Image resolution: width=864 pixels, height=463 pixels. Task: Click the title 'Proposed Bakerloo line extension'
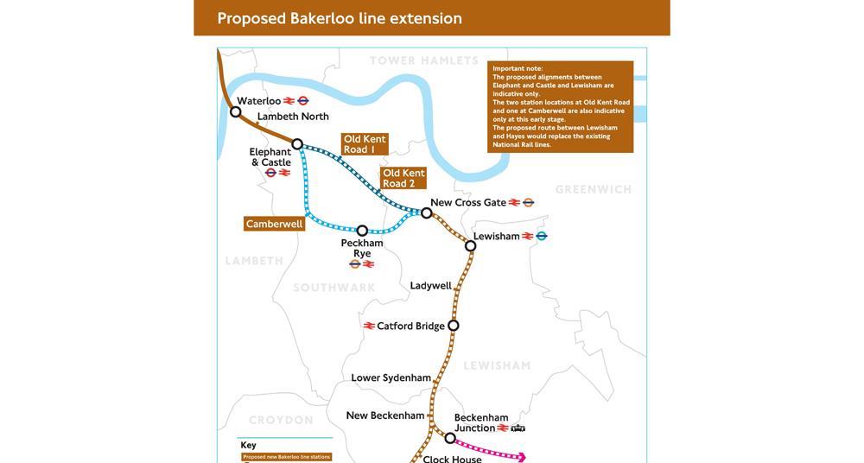pos(339,18)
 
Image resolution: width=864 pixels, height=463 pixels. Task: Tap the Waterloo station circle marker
pos(235,111)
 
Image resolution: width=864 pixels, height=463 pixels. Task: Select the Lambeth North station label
pos(293,117)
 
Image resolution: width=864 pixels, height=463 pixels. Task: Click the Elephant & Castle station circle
pos(297,144)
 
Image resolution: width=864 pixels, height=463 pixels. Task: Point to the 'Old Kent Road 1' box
pos(365,144)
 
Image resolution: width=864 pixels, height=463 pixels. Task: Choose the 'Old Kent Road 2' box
pos(403,179)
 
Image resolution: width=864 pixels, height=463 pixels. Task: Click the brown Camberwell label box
pos(275,224)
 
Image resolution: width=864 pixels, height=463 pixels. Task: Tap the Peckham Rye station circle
pos(362,231)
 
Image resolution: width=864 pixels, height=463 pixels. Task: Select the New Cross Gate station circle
pos(427,212)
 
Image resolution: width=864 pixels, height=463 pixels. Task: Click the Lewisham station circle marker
pos(470,246)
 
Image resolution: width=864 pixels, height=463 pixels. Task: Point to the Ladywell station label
pos(430,286)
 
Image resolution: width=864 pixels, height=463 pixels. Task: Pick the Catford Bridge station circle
pos(453,326)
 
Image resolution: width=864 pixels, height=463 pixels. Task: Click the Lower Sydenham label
pos(391,377)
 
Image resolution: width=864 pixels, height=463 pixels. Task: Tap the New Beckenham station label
pos(385,415)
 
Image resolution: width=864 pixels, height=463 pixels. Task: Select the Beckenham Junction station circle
pos(449,438)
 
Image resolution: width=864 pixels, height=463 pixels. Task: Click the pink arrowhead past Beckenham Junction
pos(521,457)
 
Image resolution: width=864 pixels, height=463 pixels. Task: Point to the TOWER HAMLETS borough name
pos(423,60)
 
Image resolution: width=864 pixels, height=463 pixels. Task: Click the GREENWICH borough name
pos(594,189)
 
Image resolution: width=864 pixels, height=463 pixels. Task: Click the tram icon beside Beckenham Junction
pos(518,428)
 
